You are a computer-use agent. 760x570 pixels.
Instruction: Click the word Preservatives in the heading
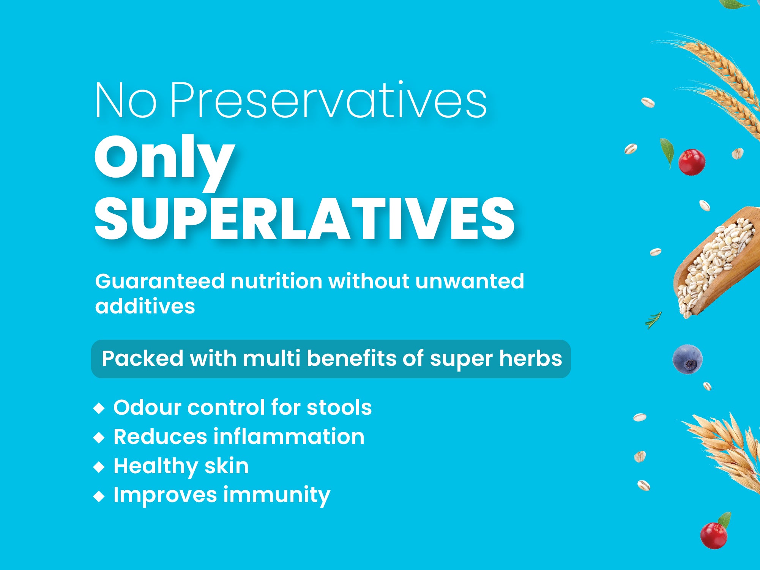tap(328, 101)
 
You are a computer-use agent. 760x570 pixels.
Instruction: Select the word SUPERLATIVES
tap(304, 219)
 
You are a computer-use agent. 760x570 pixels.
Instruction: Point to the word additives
tap(145, 306)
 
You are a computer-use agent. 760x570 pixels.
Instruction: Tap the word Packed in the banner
tap(142, 359)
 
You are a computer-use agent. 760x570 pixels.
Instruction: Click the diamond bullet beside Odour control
tap(99, 408)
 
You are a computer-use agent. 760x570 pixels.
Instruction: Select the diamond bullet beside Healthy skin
tap(99, 467)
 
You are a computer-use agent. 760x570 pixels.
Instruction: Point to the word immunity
tap(277, 496)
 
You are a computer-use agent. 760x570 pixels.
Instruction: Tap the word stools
tap(339, 408)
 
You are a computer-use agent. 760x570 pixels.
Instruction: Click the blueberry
tap(687, 359)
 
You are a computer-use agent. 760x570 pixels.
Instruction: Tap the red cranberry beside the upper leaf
tap(692, 162)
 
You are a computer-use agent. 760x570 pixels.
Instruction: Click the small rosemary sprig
tap(653, 320)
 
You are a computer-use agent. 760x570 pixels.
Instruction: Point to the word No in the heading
tap(126, 101)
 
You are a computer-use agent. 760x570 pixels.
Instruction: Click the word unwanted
tap(470, 282)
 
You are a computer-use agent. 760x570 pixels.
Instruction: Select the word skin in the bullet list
tap(227, 466)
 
